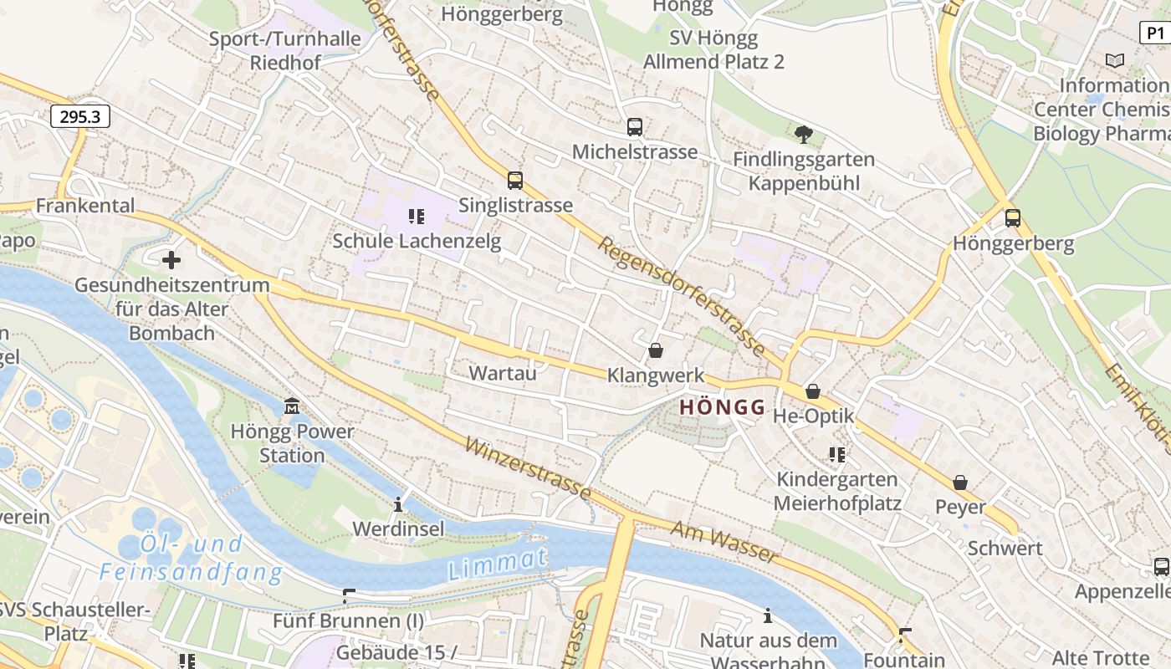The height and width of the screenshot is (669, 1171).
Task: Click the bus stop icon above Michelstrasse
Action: click(x=635, y=127)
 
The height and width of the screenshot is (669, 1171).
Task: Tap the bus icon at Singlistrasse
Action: click(x=515, y=181)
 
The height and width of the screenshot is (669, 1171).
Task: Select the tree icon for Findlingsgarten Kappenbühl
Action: click(x=804, y=134)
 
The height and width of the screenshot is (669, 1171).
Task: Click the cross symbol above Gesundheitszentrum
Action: click(x=171, y=260)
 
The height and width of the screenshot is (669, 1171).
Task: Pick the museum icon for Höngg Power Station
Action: click(x=292, y=406)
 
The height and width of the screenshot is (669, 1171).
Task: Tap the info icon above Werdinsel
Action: click(x=398, y=504)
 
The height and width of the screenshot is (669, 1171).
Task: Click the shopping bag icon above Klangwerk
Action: click(x=656, y=350)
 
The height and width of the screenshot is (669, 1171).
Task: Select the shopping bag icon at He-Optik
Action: click(x=812, y=391)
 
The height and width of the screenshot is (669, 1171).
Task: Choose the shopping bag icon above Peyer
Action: click(x=960, y=483)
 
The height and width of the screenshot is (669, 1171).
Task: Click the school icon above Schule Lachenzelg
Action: click(x=417, y=217)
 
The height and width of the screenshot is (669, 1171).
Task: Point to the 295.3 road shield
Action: click(x=80, y=116)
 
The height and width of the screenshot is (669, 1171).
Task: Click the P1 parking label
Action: click(x=1155, y=33)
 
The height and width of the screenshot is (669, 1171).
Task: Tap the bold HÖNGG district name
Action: click(x=723, y=408)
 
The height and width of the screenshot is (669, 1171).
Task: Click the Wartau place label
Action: click(x=503, y=373)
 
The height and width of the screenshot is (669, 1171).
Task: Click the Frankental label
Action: click(x=85, y=206)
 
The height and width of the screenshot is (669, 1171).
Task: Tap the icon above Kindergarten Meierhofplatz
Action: click(x=837, y=455)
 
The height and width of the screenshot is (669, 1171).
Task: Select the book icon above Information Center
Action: click(x=1115, y=60)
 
